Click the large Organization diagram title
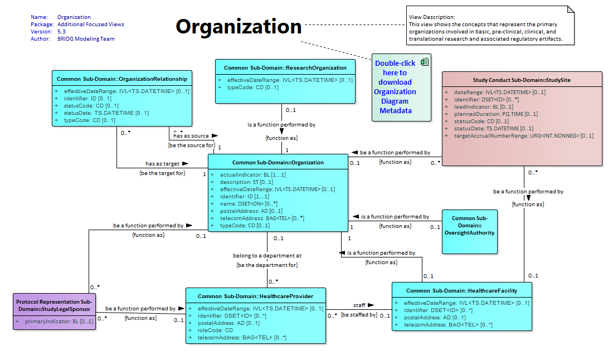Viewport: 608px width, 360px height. coord(239,27)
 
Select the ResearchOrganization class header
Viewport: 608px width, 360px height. coord(285,67)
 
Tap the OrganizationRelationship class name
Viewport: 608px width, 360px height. coord(121,79)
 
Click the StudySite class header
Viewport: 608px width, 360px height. coord(522,80)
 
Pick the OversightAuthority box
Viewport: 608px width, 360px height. coord(470,232)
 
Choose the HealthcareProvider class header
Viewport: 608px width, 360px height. coord(256,296)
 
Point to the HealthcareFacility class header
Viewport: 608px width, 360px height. coord(461,290)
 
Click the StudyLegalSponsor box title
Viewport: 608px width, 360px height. coord(54,305)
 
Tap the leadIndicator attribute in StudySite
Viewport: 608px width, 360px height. coord(484,106)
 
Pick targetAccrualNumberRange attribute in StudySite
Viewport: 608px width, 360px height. coord(523,136)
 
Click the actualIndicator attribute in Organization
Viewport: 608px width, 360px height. coord(253,174)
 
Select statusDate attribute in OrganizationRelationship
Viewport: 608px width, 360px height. coord(106,113)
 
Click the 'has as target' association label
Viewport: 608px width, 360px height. coord(163,164)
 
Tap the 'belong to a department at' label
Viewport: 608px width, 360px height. coord(267,256)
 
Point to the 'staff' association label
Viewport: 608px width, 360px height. coord(359,305)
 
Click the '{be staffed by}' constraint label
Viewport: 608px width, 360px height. coord(359,315)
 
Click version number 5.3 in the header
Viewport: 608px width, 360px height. coord(61,31)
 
